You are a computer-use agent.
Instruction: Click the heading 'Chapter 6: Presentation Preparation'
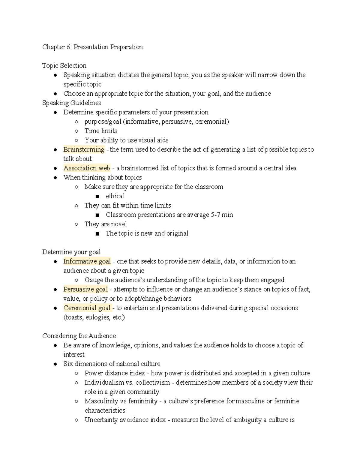point(92,47)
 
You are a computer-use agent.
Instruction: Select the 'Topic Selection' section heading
point(64,66)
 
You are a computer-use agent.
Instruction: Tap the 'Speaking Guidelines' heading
point(71,103)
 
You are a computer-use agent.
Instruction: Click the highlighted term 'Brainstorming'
point(84,149)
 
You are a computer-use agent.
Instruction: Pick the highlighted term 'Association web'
point(87,168)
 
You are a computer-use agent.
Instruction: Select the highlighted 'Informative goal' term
point(87,261)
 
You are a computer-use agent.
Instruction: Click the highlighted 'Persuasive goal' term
point(85,289)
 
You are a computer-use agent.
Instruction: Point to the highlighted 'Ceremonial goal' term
point(87,308)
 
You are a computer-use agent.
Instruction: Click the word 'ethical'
point(115,196)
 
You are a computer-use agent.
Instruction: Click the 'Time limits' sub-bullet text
point(101,131)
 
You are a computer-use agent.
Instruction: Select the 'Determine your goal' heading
point(71,252)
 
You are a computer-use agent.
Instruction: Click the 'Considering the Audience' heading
point(79,336)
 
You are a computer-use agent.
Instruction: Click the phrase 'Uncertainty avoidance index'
point(125,420)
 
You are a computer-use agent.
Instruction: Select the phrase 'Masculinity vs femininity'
point(121,401)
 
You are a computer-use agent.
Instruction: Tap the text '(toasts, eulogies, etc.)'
point(94,317)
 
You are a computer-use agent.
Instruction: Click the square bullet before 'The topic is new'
point(97,234)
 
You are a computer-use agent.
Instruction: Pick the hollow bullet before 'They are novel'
point(76,224)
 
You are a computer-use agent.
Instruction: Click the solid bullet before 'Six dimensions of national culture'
point(55,364)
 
